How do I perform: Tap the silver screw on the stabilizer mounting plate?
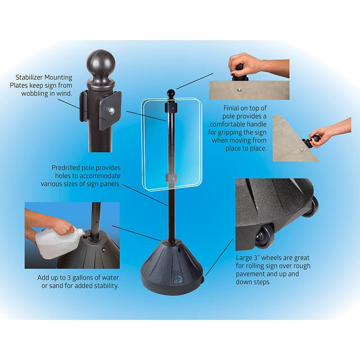pos(112,111)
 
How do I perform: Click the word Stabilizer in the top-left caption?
pos(29,77)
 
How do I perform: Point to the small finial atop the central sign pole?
pos(171,94)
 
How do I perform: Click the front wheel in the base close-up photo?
pos(265,237)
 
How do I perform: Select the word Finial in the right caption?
pos(231,108)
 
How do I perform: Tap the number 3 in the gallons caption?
pos(69,278)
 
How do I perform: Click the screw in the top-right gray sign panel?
pos(239,90)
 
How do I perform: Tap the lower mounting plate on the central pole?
pos(171,178)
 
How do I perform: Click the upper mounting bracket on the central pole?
pos(171,108)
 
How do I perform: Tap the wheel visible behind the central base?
pos(202,279)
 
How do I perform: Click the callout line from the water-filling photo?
pos(136,233)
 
